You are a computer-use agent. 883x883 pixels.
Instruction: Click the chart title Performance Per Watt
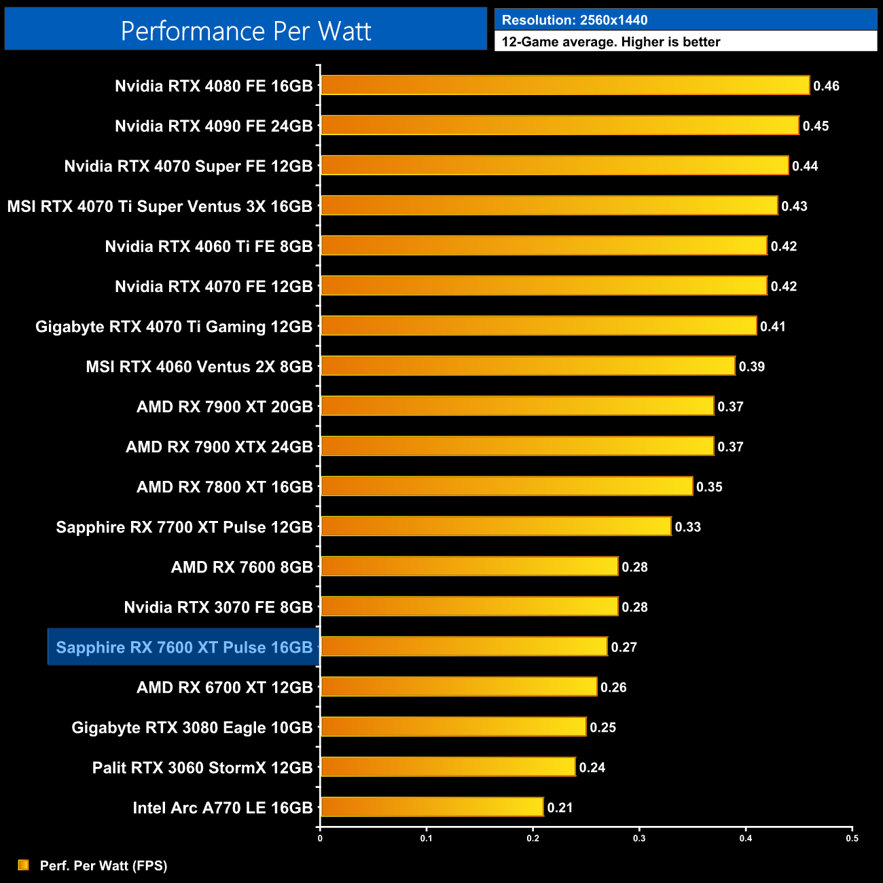246,31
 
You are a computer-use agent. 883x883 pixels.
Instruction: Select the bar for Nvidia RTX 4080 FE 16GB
565,86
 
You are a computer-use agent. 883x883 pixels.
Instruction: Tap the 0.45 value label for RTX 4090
815,126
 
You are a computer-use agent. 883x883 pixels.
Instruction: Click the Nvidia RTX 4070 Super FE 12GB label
188,166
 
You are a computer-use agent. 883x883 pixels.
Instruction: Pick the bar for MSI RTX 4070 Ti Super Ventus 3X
549,206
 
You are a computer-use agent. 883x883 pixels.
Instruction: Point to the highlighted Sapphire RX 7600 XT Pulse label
184,647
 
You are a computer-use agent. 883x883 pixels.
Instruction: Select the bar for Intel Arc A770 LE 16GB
432,807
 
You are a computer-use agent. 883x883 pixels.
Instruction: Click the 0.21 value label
560,808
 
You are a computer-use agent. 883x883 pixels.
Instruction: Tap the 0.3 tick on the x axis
639,838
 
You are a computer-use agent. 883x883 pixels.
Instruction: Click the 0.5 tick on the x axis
852,838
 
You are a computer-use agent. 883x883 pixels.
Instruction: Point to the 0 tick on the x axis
320,838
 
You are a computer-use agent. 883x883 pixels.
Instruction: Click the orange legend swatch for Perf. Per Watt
24,865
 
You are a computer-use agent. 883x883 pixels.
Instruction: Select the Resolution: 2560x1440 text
575,20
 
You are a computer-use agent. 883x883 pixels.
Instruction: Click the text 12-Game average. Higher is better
611,42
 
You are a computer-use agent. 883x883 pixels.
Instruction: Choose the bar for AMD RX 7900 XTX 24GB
518,446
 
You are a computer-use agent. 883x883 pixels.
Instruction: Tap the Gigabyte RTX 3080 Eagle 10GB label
192,727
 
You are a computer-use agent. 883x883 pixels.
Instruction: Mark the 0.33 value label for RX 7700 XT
687,527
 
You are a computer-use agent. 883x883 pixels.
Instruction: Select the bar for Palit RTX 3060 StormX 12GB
448,767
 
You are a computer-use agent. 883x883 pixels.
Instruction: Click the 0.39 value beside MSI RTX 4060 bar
751,367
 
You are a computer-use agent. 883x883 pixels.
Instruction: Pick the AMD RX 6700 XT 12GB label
224,687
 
